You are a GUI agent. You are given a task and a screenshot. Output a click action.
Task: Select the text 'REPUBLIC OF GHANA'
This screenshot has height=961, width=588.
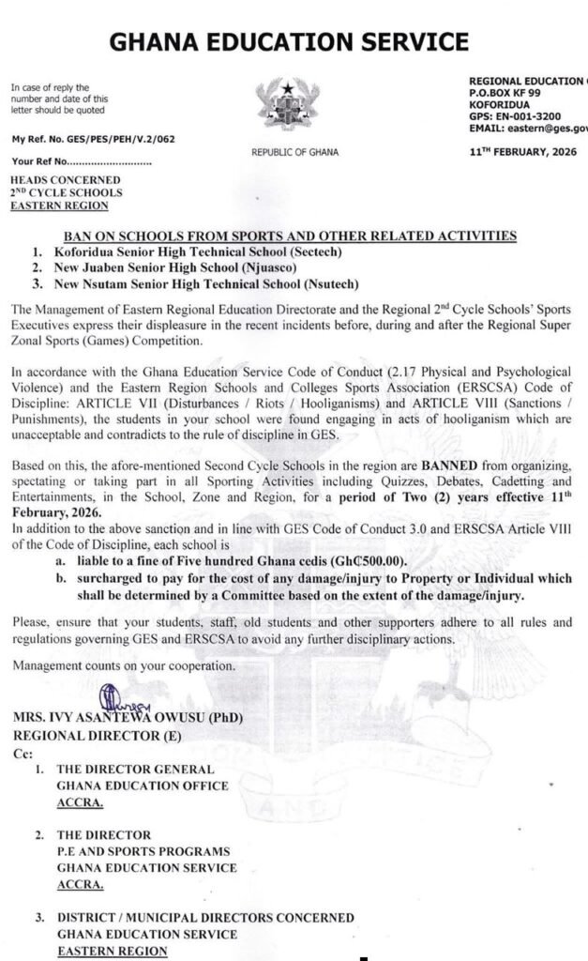click(294, 151)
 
